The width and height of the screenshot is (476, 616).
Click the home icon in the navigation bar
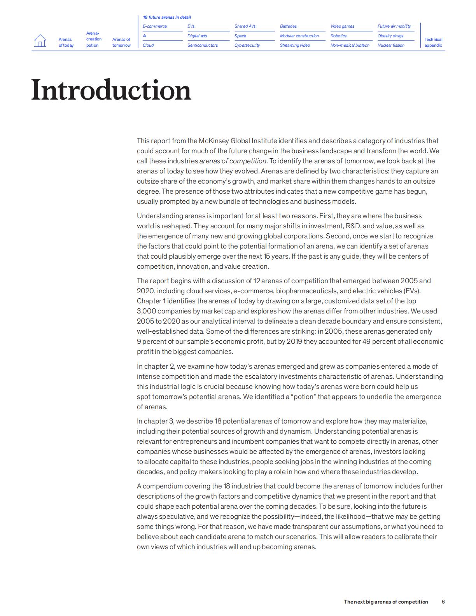pos(40,40)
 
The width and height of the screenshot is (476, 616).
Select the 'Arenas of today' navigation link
pos(66,42)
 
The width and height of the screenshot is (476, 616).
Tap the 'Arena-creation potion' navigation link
pos(93,39)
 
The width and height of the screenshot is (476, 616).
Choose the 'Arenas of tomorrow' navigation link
pos(121,42)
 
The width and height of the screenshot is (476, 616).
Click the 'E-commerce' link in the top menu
pos(154,26)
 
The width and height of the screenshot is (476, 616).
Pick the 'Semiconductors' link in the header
pos(202,45)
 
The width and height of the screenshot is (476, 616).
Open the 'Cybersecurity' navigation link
pos(247,45)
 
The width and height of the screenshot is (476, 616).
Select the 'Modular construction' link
pos(299,36)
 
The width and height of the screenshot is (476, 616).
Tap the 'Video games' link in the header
pos(342,26)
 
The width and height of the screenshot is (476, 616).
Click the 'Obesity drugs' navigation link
pos(390,36)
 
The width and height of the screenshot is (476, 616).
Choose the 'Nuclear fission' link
pos(391,45)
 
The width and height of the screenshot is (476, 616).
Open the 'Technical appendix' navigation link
pos(433,42)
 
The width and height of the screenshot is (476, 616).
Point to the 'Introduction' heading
pos(111,90)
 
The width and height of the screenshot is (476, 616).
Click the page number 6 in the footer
pos(443,602)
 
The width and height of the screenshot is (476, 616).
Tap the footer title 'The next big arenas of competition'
pos(386,602)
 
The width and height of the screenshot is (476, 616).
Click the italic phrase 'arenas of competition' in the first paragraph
pos(233,161)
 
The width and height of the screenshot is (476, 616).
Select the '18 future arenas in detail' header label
pos(167,17)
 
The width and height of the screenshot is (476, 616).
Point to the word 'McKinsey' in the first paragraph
pos(213,141)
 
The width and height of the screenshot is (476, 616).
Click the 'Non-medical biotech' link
pos(350,45)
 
